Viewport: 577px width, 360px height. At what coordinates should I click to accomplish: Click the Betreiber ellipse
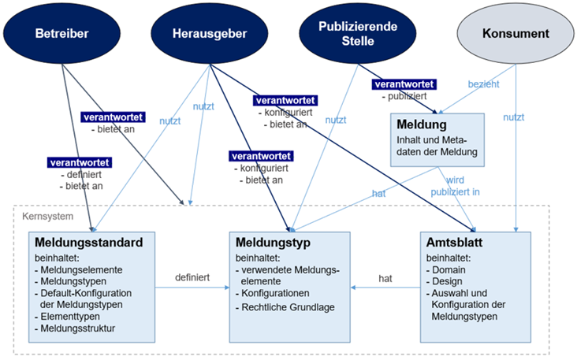coord(61,34)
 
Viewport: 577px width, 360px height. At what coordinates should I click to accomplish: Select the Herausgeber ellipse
coord(209,34)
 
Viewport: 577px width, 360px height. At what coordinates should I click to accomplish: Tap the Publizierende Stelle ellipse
coord(358,34)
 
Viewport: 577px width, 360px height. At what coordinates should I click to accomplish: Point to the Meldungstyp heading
coord(273,242)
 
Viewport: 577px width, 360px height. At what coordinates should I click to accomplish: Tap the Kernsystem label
coord(41,215)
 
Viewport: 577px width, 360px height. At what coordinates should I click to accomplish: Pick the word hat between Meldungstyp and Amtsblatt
coord(385,278)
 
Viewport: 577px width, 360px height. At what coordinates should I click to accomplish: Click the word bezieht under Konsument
coord(484,83)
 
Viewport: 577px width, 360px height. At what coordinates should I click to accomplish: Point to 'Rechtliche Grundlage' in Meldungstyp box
coord(289,307)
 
